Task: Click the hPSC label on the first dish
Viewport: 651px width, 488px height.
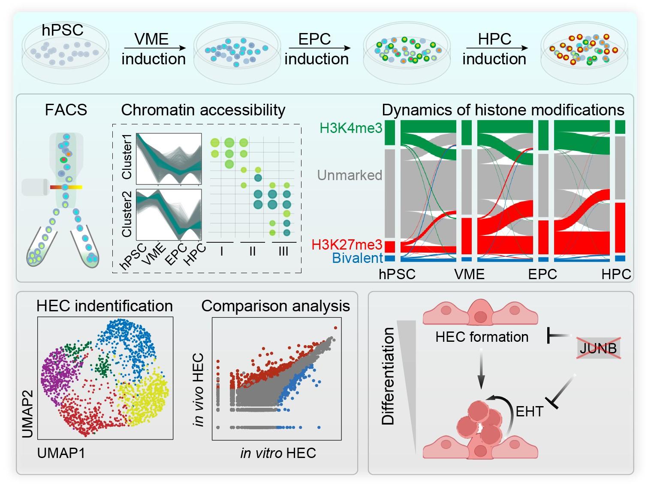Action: pos(63,30)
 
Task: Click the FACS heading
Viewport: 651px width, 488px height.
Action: pos(66,110)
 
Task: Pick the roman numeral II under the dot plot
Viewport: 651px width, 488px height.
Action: pos(252,251)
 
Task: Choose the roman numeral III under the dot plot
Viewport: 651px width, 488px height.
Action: pos(283,251)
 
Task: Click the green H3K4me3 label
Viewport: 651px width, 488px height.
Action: pos(351,128)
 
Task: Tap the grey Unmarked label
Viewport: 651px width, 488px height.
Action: pos(350,175)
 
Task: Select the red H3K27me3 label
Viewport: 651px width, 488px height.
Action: pos(347,245)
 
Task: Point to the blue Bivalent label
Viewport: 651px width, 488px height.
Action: pos(357,258)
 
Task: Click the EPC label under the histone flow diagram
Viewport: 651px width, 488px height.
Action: pos(542,274)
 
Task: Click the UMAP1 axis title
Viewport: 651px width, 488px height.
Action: pos(61,453)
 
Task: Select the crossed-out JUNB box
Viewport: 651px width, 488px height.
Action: pos(598,348)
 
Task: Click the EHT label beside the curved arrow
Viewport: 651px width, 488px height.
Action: pos(529,412)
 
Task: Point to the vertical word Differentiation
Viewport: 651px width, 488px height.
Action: pos(389,376)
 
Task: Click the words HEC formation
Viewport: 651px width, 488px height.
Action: pos(482,337)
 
